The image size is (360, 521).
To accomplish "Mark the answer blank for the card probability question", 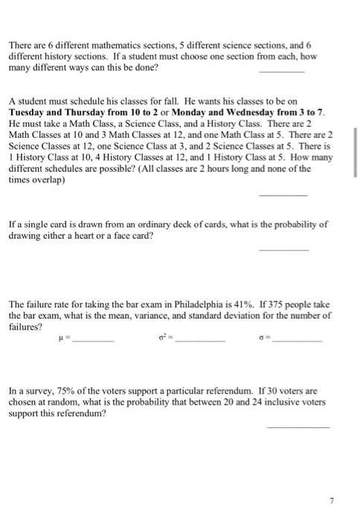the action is [283, 251].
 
